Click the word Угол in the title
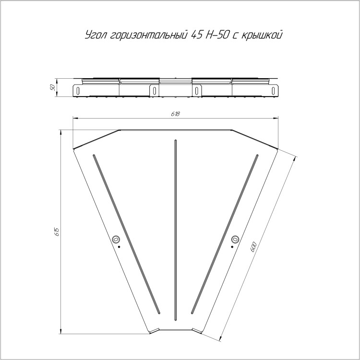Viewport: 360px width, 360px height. tap(95, 35)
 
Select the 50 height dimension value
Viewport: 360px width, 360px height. tap(53, 87)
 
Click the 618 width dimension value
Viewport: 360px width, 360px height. tap(175, 114)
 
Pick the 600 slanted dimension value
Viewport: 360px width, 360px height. tap(253, 247)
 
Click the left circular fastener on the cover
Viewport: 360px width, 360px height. tap(116, 239)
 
